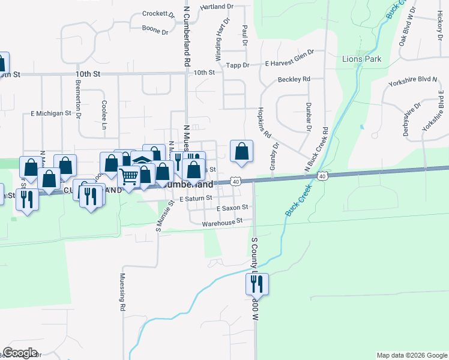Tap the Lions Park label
pyautogui.click(x=361, y=59)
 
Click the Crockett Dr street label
pyautogui.click(x=158, y=14)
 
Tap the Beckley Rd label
pyautogui.click(x=294, y=79)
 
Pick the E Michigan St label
pyautogui.click(x=51, y=113)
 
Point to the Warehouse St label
pyautogui.click(x=222, y=221)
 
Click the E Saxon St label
pyautogui.click(x=232, y=208)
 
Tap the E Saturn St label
pyautogui.click(x=196, y=197)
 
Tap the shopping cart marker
pyautogui.click(x=129, y=176)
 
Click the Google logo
pyautogui.click(x=20, y=353)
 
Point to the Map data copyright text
pyautogui.click(x=411, y=355)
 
